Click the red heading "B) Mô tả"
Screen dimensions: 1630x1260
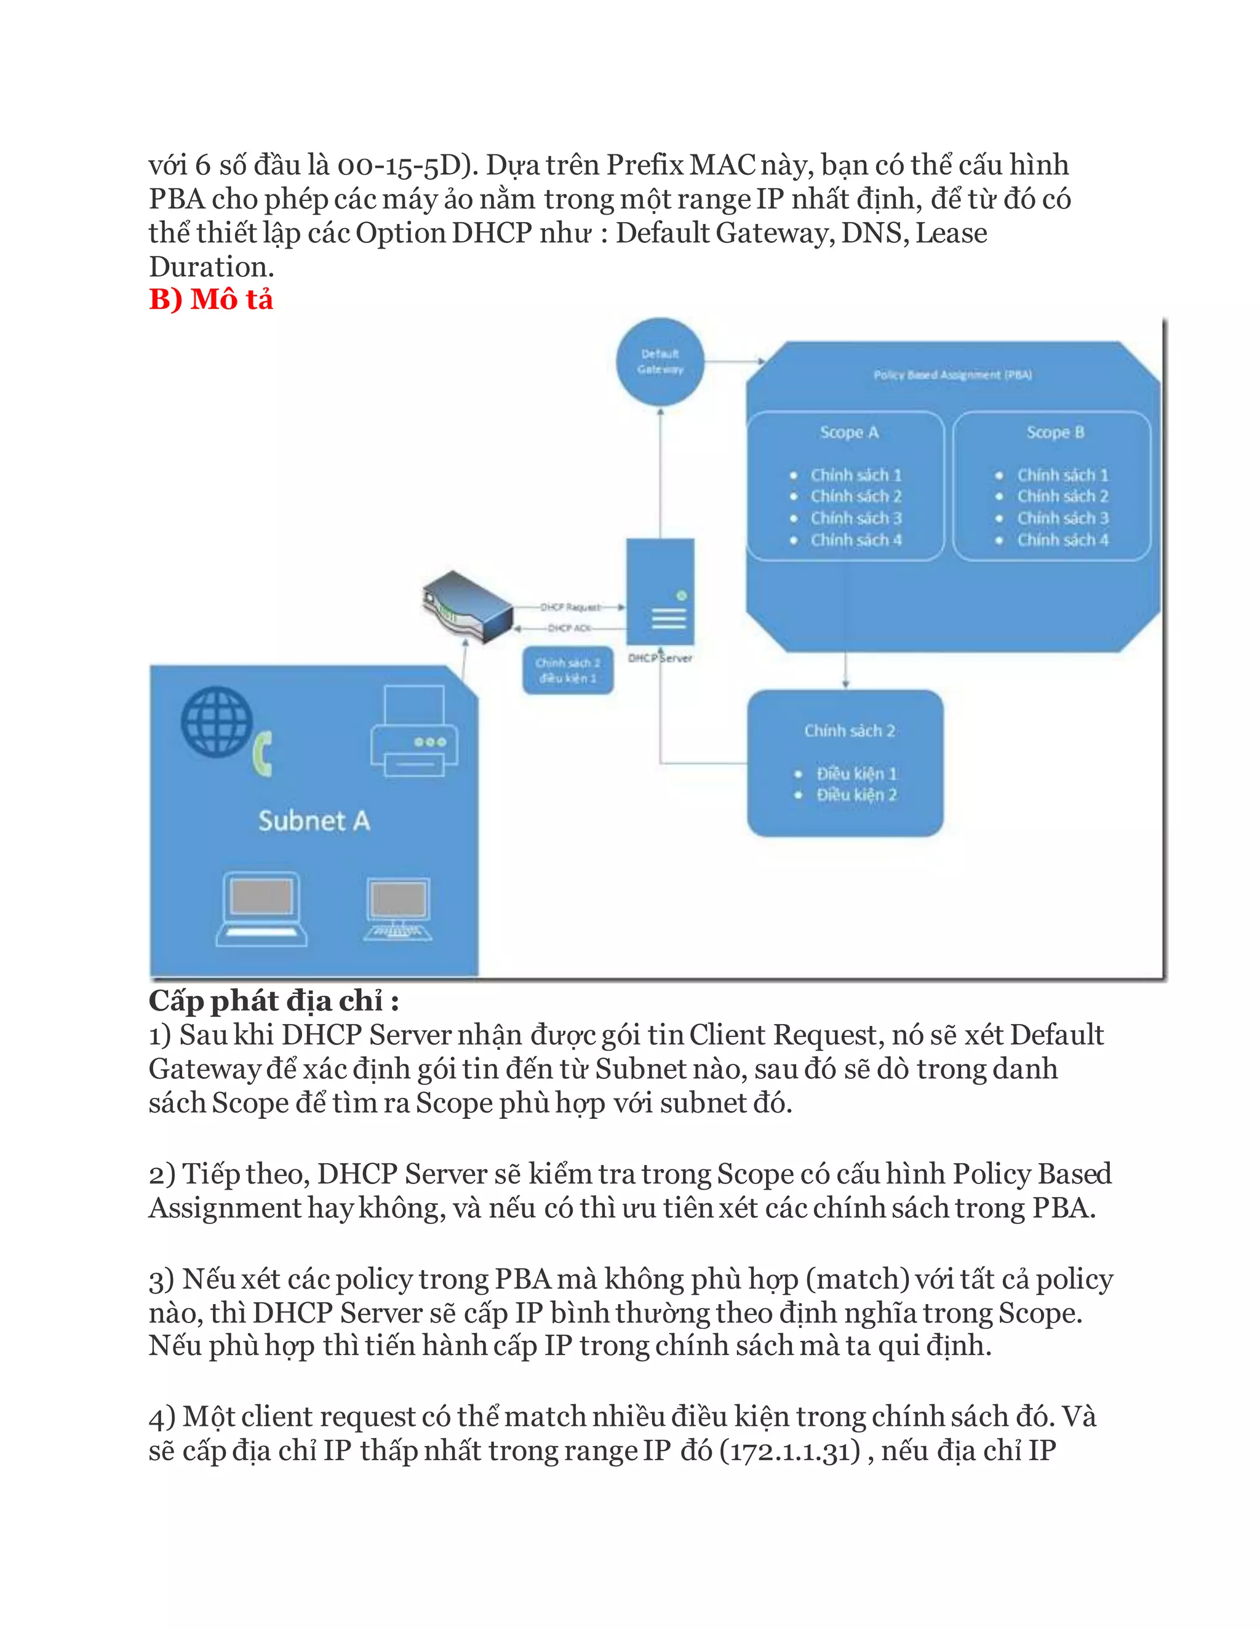tap(211, 300)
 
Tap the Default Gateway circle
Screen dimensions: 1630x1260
tap(660, 362)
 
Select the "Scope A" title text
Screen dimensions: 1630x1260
tap(848, 432)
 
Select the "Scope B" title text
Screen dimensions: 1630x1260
tap(1055, 432)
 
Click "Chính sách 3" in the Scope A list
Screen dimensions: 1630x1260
tap(856, 518)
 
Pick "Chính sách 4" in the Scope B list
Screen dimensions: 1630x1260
tap(1062, 539)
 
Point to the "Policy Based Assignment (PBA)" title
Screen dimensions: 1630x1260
tap(952, 375)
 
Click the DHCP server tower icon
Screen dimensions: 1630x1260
tap(661, 591)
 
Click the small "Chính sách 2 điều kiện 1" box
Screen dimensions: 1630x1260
tap(568, 670)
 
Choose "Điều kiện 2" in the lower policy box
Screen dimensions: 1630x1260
tap(856, 795)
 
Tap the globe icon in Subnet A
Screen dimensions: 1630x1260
tap(217, 722)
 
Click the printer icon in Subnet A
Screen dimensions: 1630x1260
tap(414, 733)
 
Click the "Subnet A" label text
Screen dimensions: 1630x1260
tap(314, 821)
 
